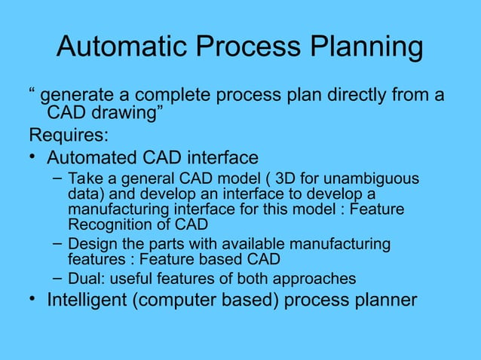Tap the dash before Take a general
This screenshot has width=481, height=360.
[x=57, y=178]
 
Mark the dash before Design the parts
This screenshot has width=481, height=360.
[x=57, y=244]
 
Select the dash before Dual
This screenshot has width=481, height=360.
[x=57, y=278]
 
